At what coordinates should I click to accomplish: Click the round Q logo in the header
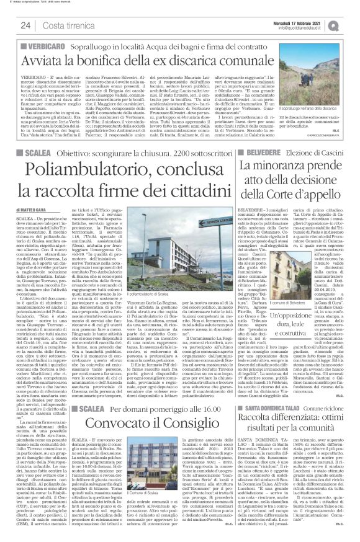(x=351, y=24)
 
